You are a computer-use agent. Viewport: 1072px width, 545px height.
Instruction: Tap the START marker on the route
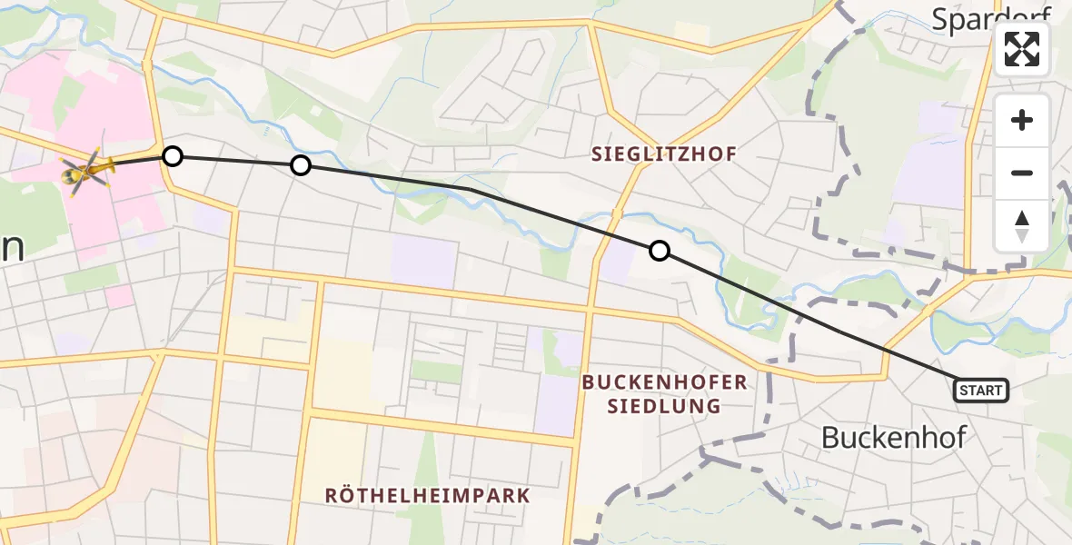(980, 391)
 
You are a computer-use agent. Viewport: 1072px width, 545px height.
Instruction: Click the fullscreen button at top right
(1022, 49)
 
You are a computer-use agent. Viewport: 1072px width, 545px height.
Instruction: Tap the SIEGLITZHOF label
(665, 154)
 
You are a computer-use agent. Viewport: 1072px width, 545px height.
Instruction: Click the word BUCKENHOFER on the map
(665, 382)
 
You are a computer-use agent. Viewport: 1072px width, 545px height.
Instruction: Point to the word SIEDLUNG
(665, 406)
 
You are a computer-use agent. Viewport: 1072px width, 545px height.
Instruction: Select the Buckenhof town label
(894, 437)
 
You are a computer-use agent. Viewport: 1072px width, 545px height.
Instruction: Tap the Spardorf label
(990, 18)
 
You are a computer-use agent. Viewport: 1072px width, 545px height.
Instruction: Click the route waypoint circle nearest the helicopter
(173, 156)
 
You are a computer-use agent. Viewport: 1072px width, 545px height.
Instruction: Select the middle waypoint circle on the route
(301, 164)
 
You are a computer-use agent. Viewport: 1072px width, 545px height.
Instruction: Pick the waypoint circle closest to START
(660, 251)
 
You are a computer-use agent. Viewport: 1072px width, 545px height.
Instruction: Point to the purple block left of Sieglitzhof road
(423, 262)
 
